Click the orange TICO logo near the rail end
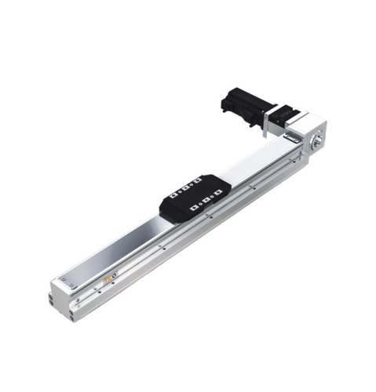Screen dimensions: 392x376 111,278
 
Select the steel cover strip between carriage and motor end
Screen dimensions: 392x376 259,160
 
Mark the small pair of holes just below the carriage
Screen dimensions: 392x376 209,227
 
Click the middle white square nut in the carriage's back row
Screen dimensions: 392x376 186,187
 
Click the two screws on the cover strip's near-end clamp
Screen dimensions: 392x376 69,280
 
